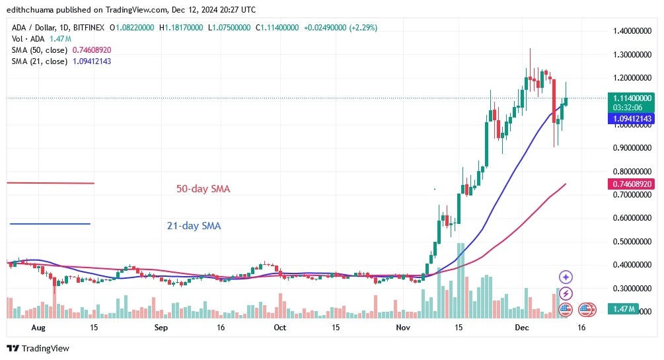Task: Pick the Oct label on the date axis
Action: click(x=279, y=327)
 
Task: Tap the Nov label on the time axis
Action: click(x=402, y=327)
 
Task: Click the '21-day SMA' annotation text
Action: click(x=194, y=226)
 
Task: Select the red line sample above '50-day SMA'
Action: click(x=51, y=183)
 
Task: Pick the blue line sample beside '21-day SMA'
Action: click(x=50, y=224)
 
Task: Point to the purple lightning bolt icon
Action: click(x=566, y=293)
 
